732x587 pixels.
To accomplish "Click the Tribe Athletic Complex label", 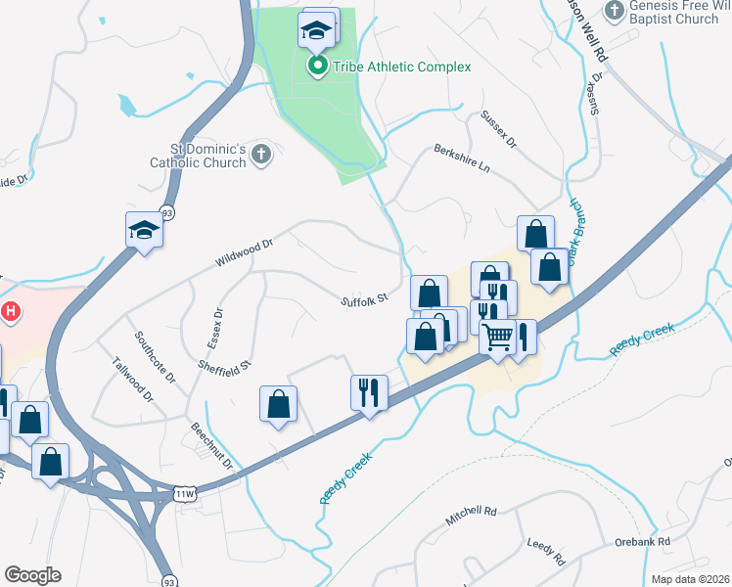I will click(x=401, y=67).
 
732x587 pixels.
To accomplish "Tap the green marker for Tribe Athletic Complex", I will click(x=318, y=67).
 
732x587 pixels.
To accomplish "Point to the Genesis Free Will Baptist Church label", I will click(x=673, y=12).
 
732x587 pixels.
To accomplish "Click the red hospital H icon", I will click(x=11, y=313).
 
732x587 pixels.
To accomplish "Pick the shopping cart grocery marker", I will click(x=498, y=338).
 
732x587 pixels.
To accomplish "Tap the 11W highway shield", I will click(x=186, y=494).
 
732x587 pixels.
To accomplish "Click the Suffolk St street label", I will click(x=365, y=299).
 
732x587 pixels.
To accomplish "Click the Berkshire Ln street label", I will click(x=462, y=158).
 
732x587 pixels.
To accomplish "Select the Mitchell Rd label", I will click(x=472, y=516).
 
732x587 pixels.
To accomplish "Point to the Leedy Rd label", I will click(x=546, y=553).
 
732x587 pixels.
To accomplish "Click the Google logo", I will click(x=32, y=574).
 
